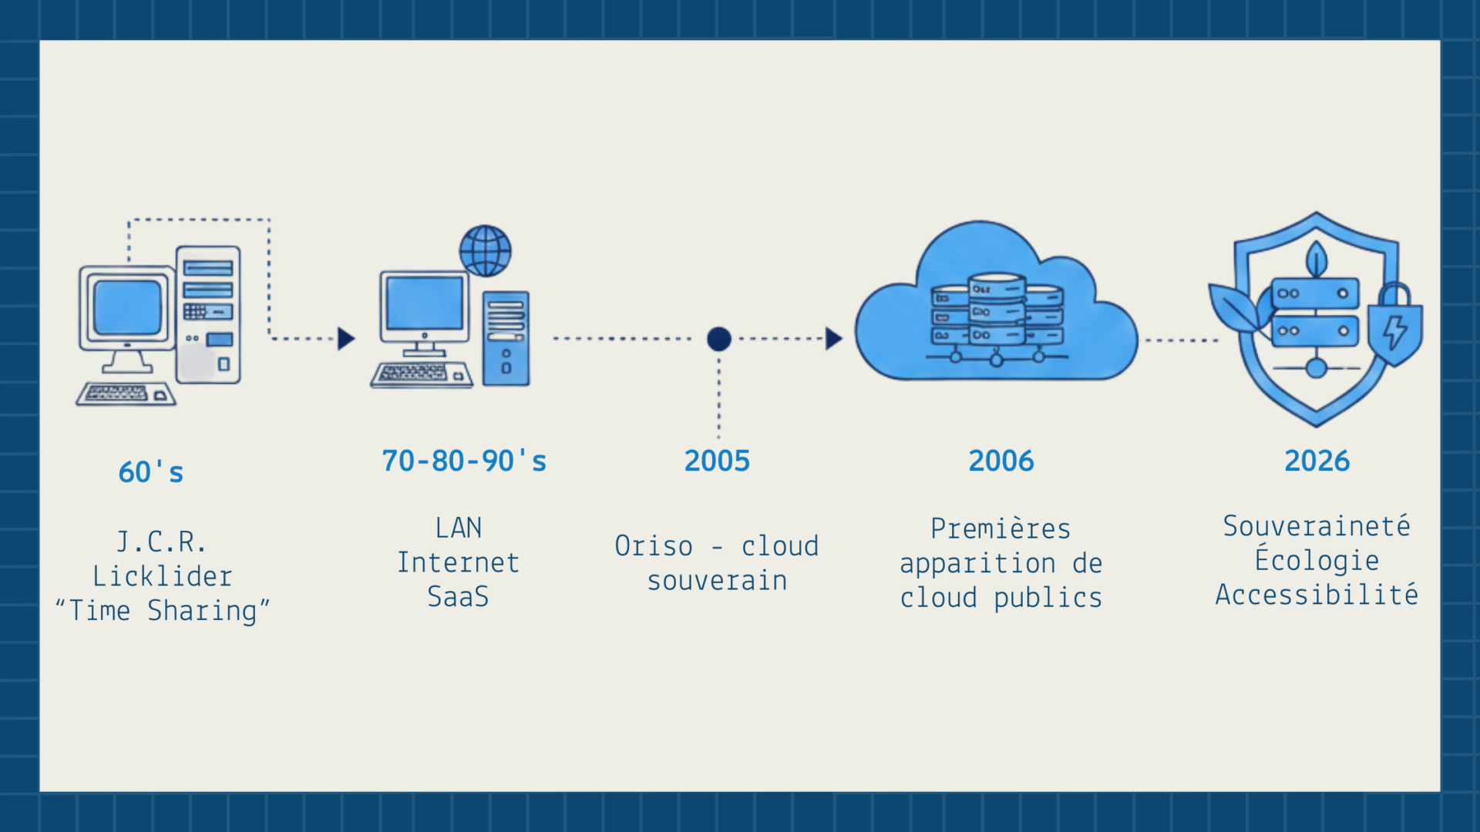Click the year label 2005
point(717,461)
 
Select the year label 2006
point(1001,461)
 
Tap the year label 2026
point(1317,461)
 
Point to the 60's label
point(151,471)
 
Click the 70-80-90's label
point(464,461)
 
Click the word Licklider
point(162,576)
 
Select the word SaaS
point(458,596)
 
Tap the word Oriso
point(654,545)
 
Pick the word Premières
point(1001,528)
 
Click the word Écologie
point(1317,560)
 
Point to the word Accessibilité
point(1317,595)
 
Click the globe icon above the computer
point(485,251)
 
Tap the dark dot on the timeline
point(718,339)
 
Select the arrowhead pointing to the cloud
point(833,338)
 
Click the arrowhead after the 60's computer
point(346,338)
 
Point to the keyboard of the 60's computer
point(126,394)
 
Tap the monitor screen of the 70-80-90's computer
point(425,303)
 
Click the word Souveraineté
point(1317,526)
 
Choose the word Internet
point(458,562)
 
